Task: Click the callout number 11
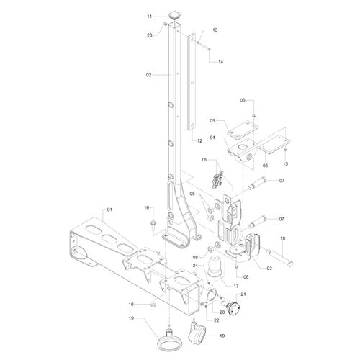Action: [150, 17]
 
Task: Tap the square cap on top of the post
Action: [174, 16]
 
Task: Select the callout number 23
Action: [150, 35]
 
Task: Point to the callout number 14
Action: [220, 62]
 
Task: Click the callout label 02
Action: [148, 75]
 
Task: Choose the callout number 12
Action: [199, 141]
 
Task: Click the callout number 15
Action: [285, 164]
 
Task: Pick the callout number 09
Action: [204, 160]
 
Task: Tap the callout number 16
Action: [147, 207]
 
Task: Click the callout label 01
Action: [109, 210]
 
